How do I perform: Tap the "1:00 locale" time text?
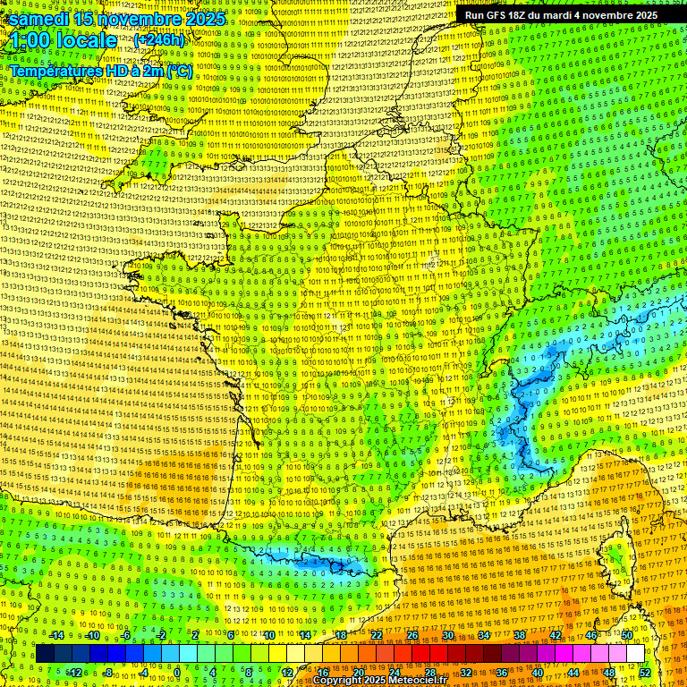click(63, 40)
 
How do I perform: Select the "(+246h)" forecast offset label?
click(159, 40)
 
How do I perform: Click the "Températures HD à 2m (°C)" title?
click(100, 70)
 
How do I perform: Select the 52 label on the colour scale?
click(645, 673)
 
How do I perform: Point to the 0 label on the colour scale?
click(177, 673)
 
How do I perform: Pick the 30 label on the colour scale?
click(447, 635)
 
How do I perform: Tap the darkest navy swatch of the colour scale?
click(45, 654)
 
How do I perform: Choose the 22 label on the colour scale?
click(377, 635)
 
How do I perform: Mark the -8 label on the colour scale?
click(107, 673)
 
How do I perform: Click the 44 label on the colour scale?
click(573, 673)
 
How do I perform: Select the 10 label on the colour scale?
click(269, 635)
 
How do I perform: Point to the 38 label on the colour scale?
click(520, 635)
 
